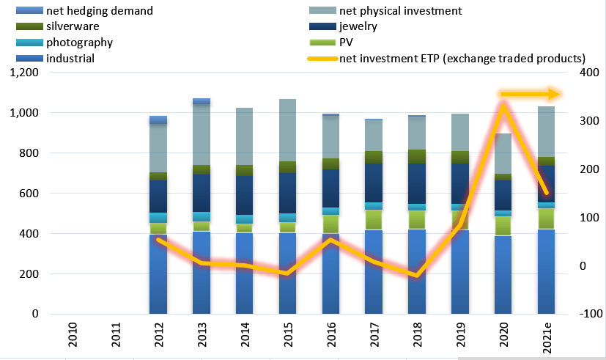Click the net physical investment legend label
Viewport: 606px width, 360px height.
[x=400, y=11]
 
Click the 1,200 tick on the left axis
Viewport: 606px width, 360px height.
[x=23, y=73]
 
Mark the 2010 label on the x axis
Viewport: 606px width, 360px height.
[x=73, y=334]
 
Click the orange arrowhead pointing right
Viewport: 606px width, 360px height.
[x=554, y=94]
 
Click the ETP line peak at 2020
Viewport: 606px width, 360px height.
[x=504, y=105]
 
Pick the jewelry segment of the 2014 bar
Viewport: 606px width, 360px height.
[x=245, y=194]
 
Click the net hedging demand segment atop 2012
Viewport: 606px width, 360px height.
[x=158, y=120]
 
